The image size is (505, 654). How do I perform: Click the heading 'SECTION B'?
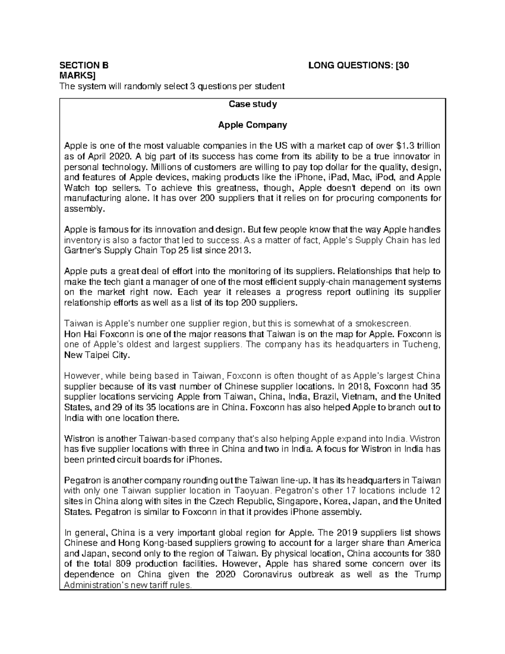(x=84, y=65)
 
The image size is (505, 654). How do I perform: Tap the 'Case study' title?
(x=252, y=104)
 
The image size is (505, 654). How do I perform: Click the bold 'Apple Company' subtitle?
(x=252, y=125)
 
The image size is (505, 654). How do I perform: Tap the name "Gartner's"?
(x=82, y=251)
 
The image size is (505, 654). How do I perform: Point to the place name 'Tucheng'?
(x=423, y=345)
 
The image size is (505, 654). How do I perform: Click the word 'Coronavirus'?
(x=268, y=574)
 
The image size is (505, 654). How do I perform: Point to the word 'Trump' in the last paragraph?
(x=428, y=574)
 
